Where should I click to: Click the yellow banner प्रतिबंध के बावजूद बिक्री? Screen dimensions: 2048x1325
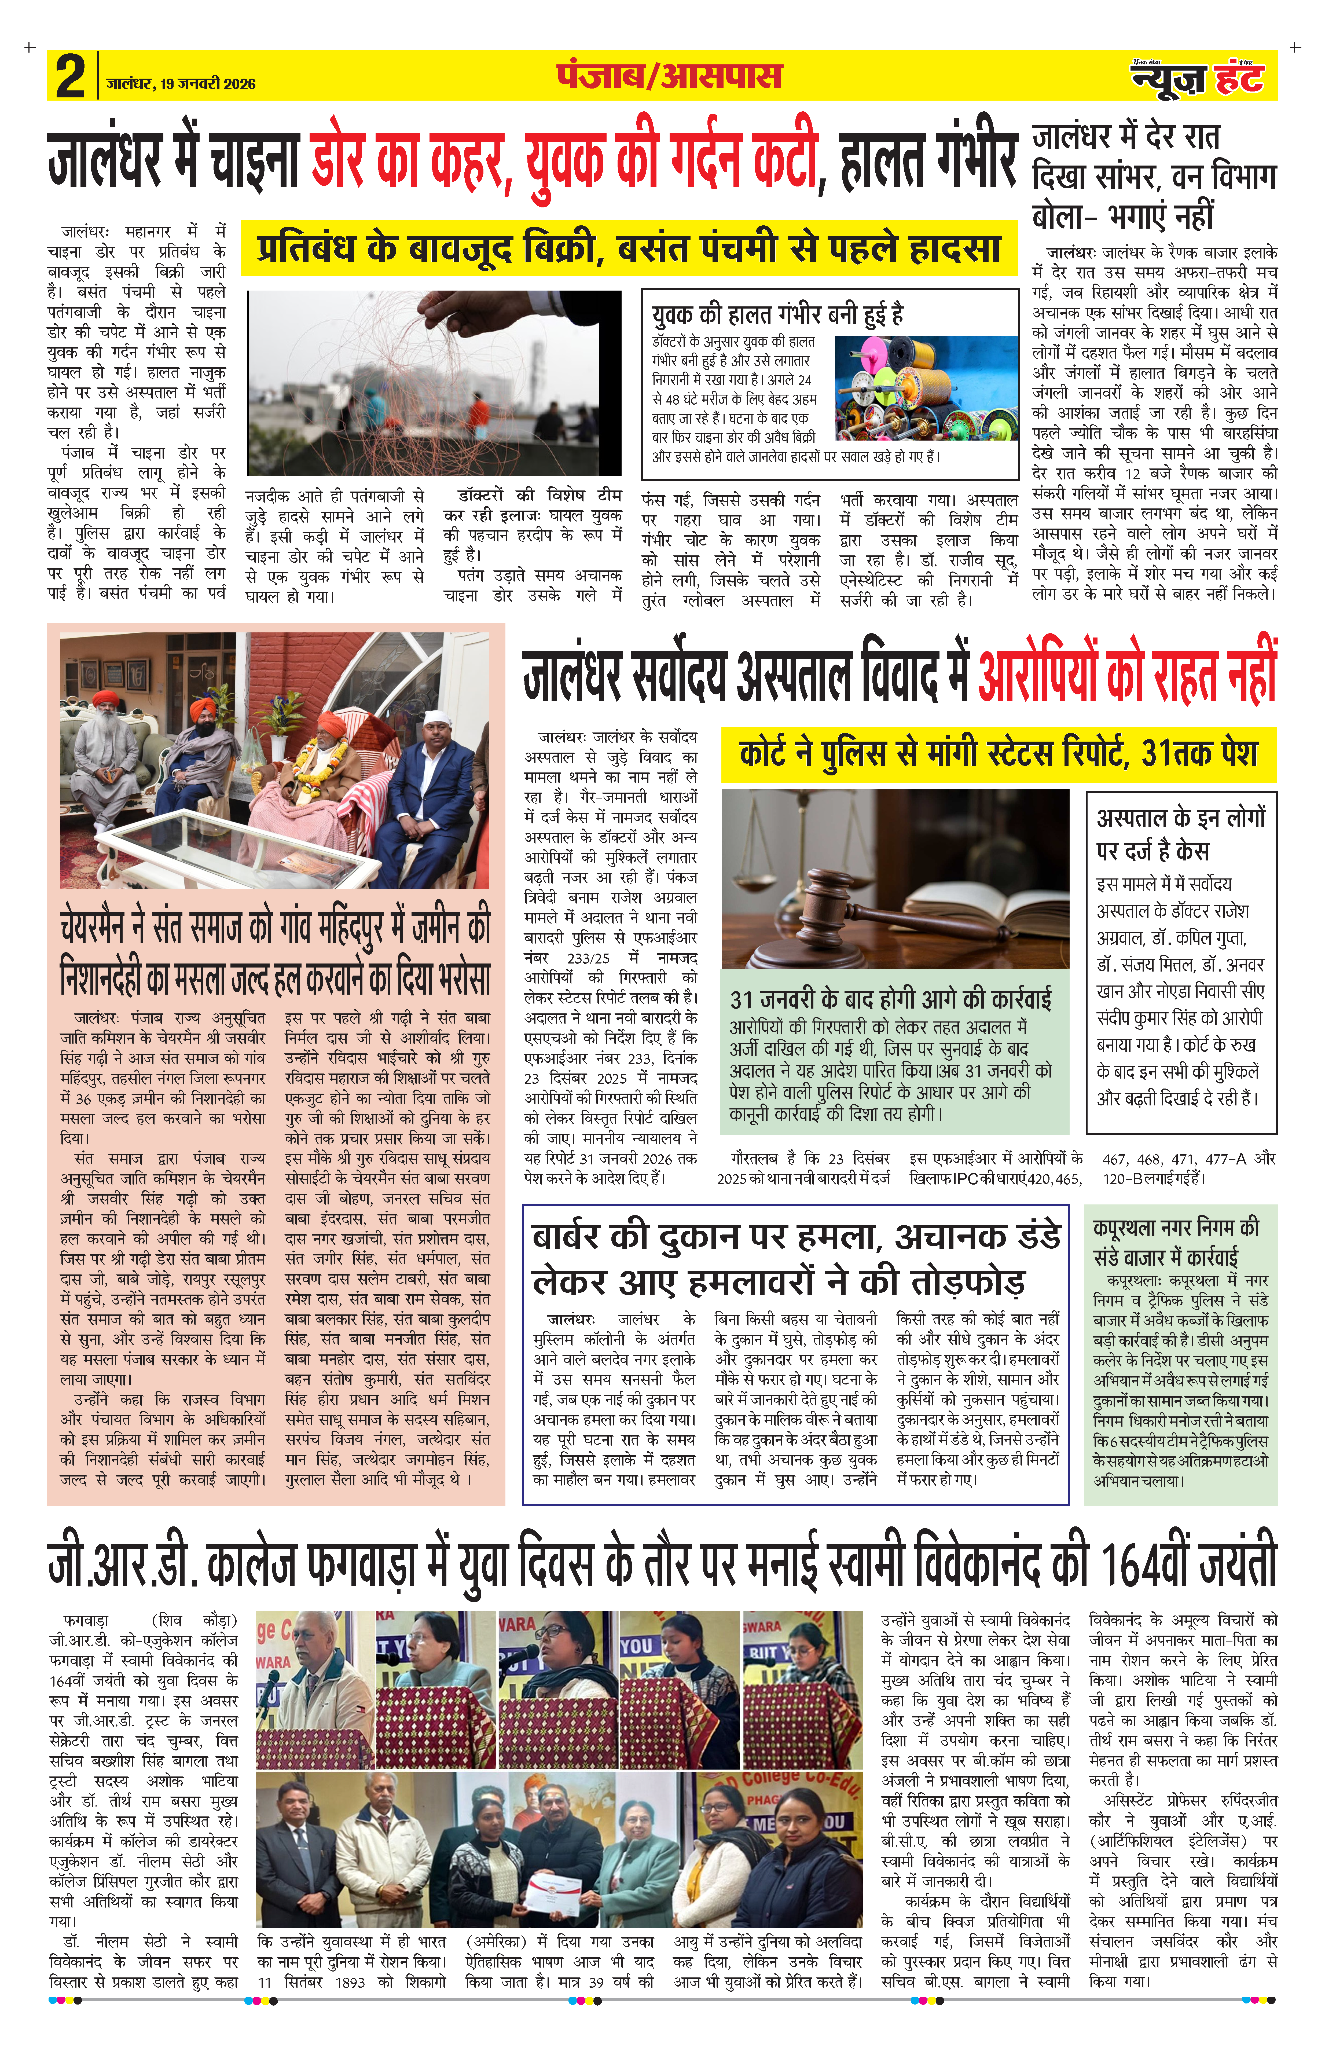point(628,250)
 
